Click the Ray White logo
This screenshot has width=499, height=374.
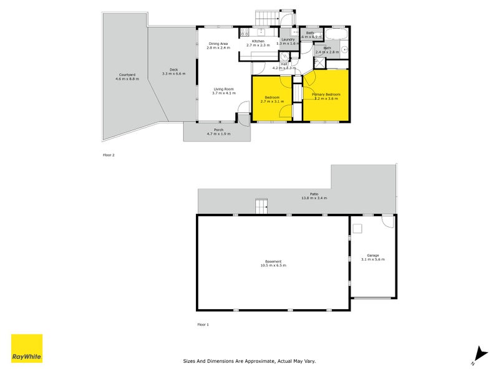pyautogui.click(x=27, y=348)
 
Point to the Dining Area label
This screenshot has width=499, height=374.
pyautogui.click(x=218, y=43)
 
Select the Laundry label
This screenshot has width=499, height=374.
pyautogui.click(x=287, y=39)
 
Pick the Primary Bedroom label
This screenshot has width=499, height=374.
pyautogui.click(x=326, y=94)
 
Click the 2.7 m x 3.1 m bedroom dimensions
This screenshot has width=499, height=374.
pyautogui.click(x=271, y=102)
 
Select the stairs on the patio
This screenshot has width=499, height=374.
pyautogui.click(x=261, y=206)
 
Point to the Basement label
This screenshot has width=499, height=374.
pyautogui.click(x=273, y=261)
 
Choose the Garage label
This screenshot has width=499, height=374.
pyautogui.click(x=372, y=255)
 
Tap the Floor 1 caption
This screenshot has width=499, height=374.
pyautogui.click(x=203, y=325)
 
